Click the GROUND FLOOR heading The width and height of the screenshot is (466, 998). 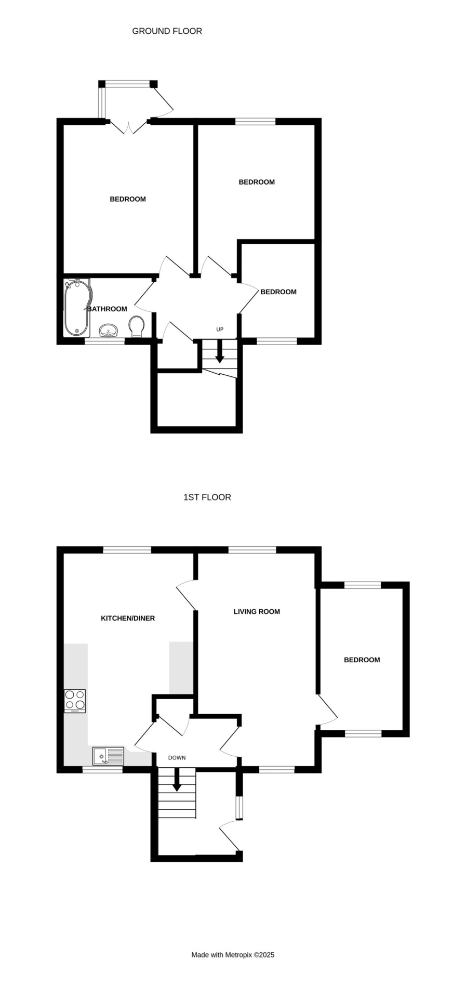[x=167, y=31]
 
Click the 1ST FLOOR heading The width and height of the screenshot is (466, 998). [x=207, y=497]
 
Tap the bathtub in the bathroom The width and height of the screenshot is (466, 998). [x=76, y=308]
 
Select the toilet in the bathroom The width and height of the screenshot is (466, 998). [x=137, y=327]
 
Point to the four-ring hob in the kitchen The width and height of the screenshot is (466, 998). [x=75, y=701]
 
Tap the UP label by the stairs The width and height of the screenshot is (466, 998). [x=220, y=330]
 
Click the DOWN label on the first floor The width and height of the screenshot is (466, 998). [x=177, y=758]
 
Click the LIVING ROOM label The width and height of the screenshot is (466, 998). [x=257, y=612]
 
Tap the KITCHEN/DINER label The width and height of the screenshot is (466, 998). [x=128, y=619]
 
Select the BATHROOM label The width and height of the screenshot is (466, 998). [x=107, y=309]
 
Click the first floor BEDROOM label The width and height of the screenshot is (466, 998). [x=362, y=660]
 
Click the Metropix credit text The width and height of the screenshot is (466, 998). [x=233, y=955]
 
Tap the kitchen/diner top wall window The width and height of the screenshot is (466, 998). [x=127, y=550]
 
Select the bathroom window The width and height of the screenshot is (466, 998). [x=105, y=342]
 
